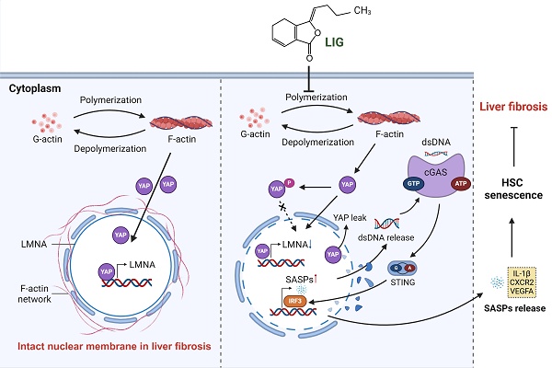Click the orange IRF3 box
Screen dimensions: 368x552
coord(293,300)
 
